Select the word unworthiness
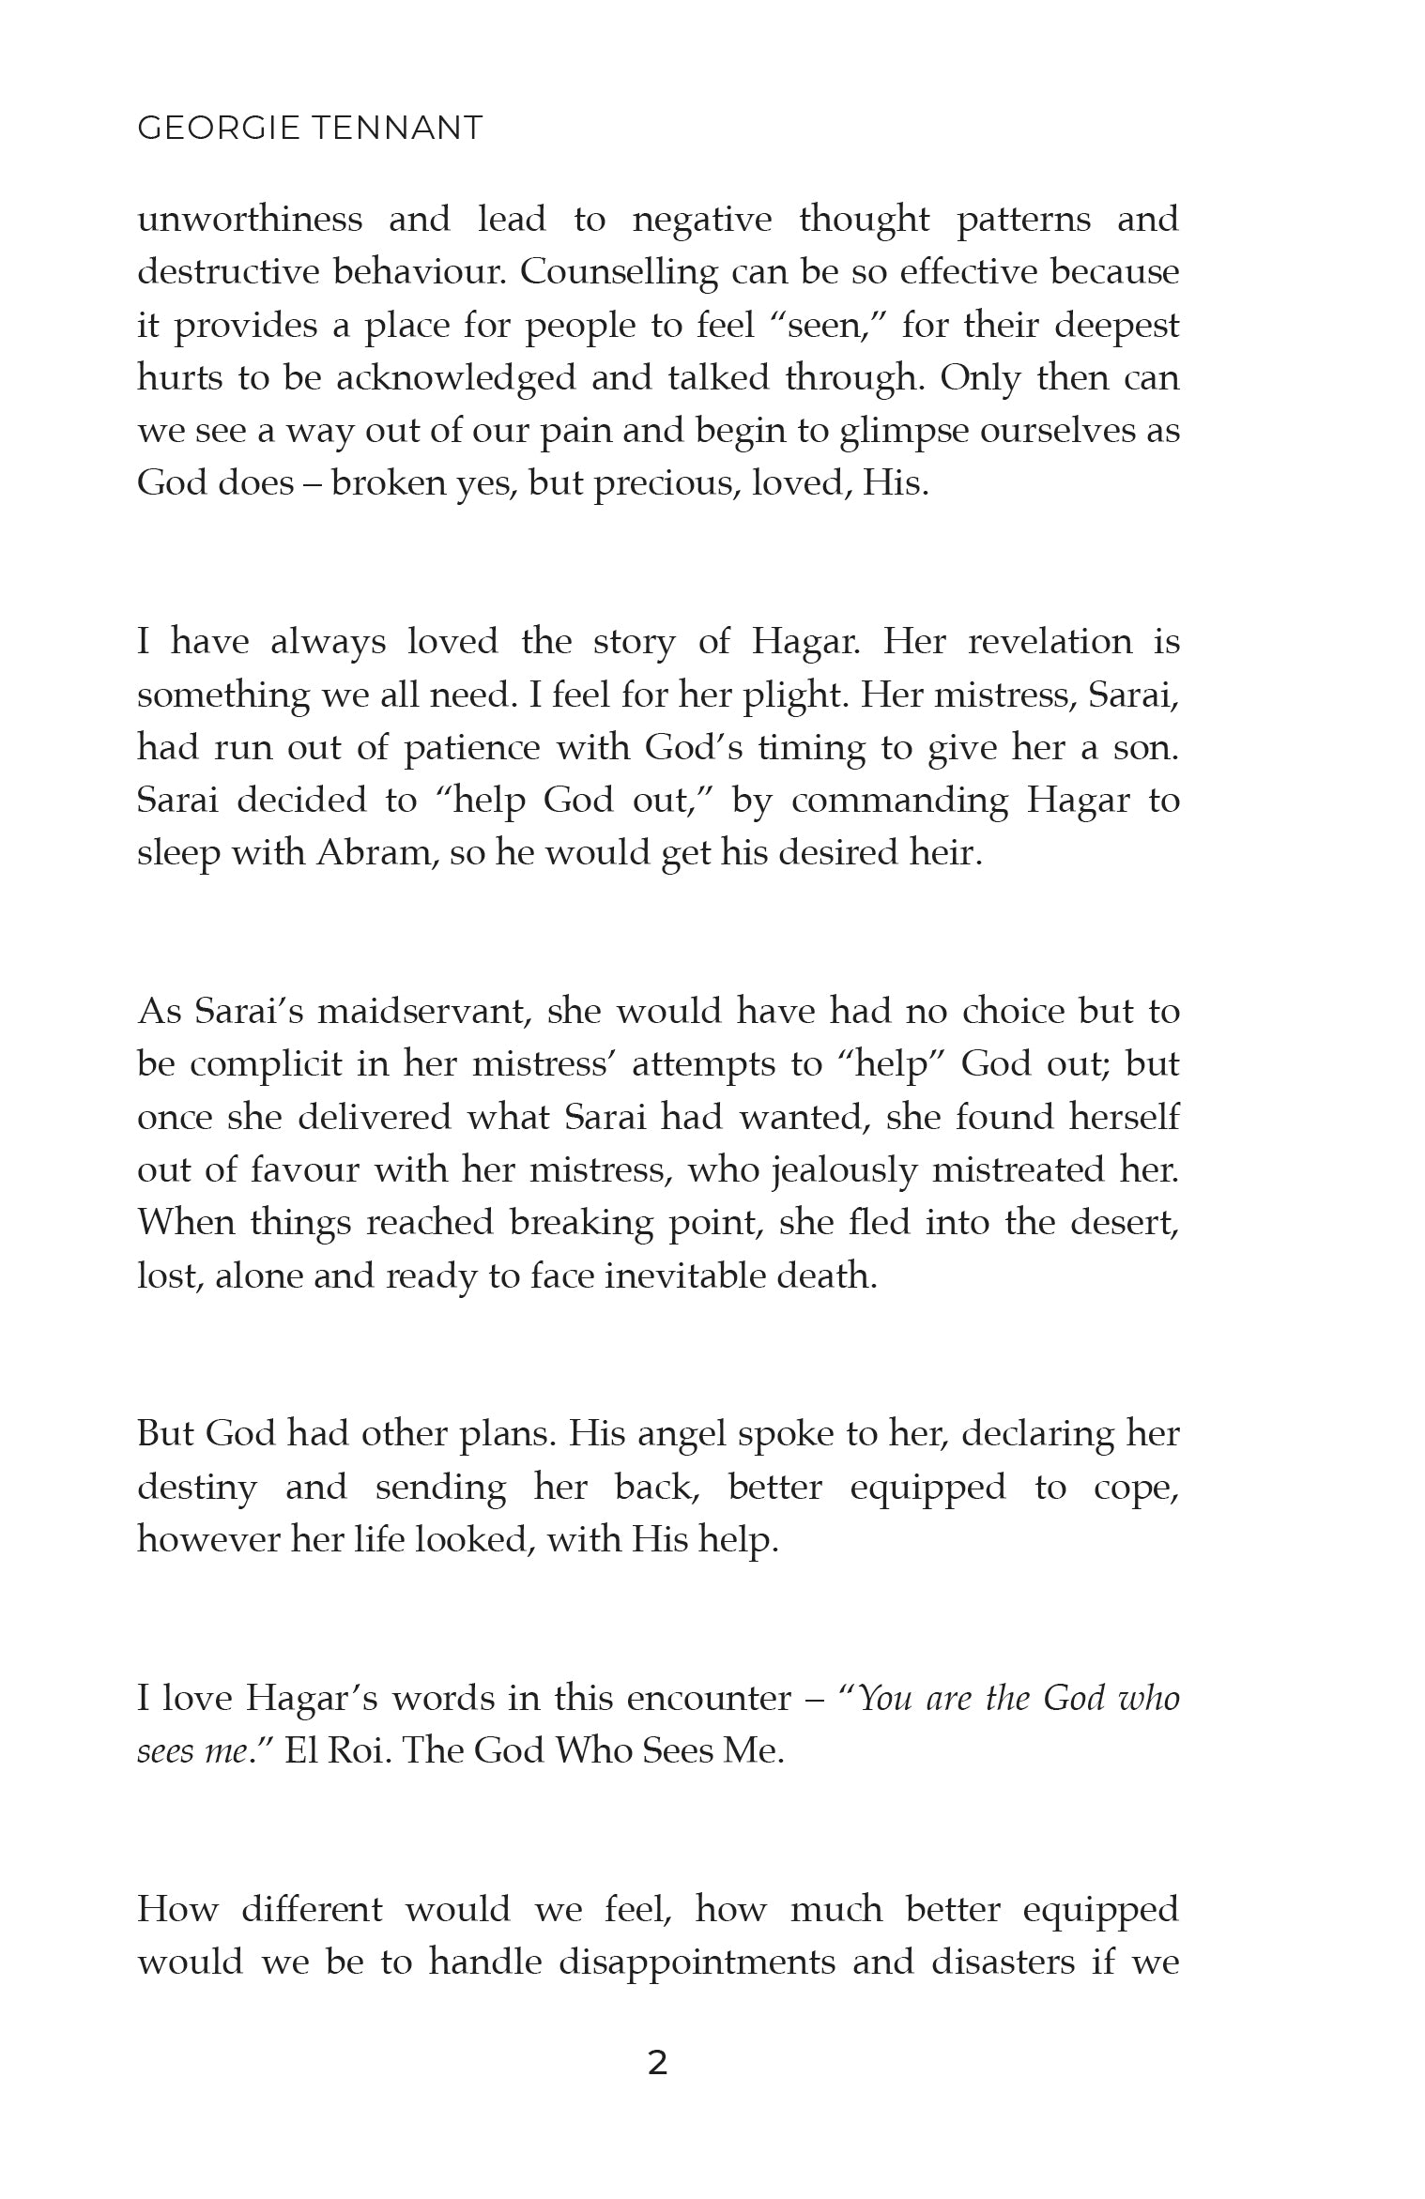tap(250, 220)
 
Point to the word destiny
tap(196, 1488)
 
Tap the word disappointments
tap(697, 1962)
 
